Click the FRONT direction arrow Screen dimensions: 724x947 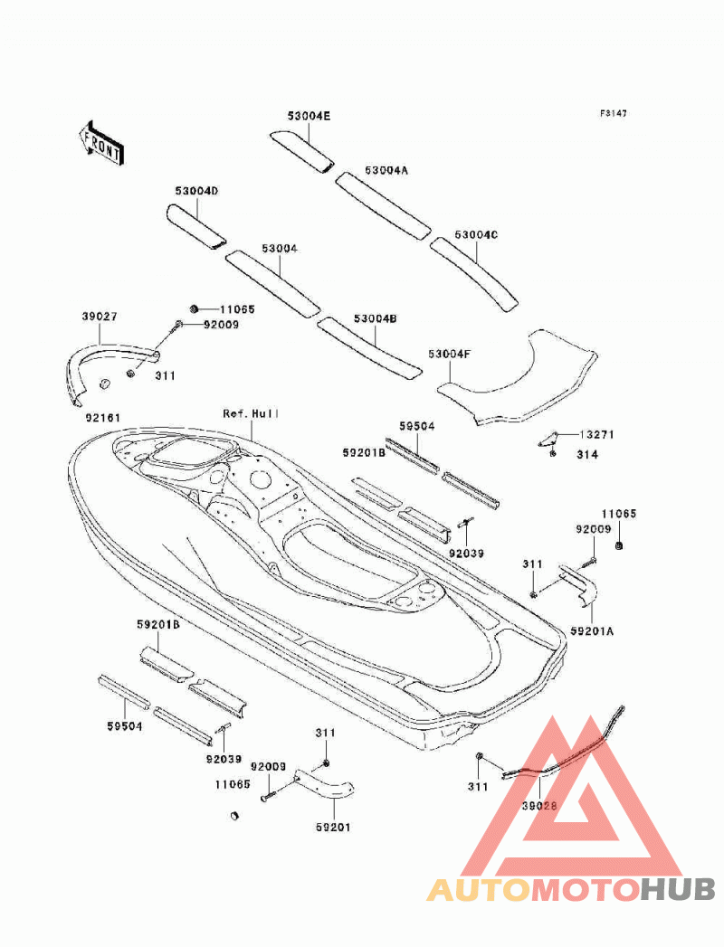[101, 143]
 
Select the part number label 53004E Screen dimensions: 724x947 [309, 116]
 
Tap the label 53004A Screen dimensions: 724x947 [386, 170]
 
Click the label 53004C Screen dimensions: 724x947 [476, 234]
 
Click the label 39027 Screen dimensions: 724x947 [100, 317]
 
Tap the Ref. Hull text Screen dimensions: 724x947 [251, 413]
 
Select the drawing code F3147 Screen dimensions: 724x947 [613, 113]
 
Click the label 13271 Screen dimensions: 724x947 [597, 434]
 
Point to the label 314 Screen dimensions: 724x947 [586, 454]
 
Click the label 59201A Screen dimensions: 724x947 [592, 630]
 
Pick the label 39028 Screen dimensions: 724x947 [539, 805]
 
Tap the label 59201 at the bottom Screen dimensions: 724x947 [333, 827]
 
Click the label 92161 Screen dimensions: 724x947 [102, 417]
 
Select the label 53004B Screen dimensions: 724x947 [376, 318]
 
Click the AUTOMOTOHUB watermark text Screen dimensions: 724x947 [571, 890]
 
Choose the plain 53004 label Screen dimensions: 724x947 [280, 248]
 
